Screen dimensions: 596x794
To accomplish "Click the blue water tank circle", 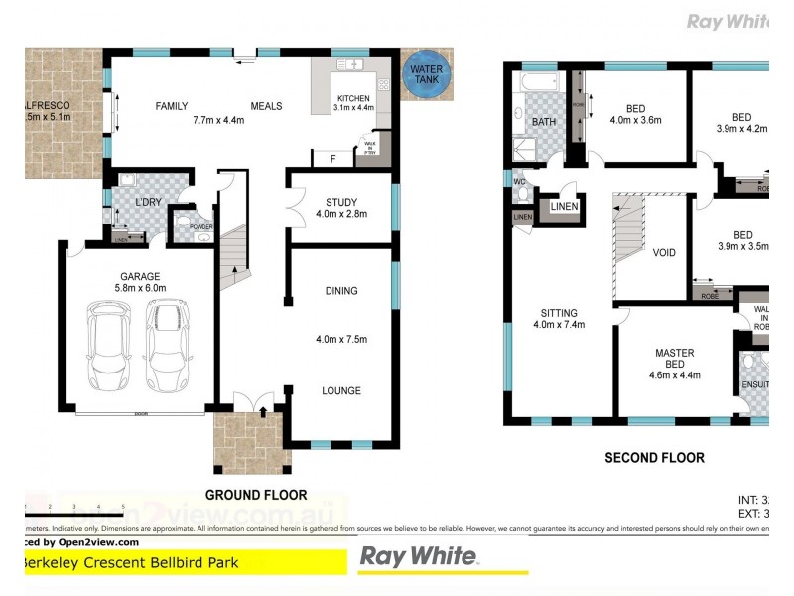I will click(427, 75).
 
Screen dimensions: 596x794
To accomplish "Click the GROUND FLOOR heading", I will click(256, 494).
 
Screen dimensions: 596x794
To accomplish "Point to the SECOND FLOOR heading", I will click(654, 458).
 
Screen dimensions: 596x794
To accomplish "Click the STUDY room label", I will click(341, 203).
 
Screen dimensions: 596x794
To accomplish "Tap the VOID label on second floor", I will click(664, 252).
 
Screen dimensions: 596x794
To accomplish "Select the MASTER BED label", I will click(674, 359).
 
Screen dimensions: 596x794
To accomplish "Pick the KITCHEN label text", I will click(353, 98).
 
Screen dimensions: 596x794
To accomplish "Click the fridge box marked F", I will click(332, 158).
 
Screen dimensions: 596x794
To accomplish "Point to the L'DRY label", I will click(148, 203).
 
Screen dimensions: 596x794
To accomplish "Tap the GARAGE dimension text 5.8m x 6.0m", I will click(139, 289).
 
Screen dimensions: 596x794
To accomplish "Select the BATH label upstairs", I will click(543, 122).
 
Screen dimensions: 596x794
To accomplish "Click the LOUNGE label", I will click(340, 390).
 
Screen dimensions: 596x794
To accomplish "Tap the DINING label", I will click(340, 291).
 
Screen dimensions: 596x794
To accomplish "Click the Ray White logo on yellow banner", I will click(418, 557).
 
